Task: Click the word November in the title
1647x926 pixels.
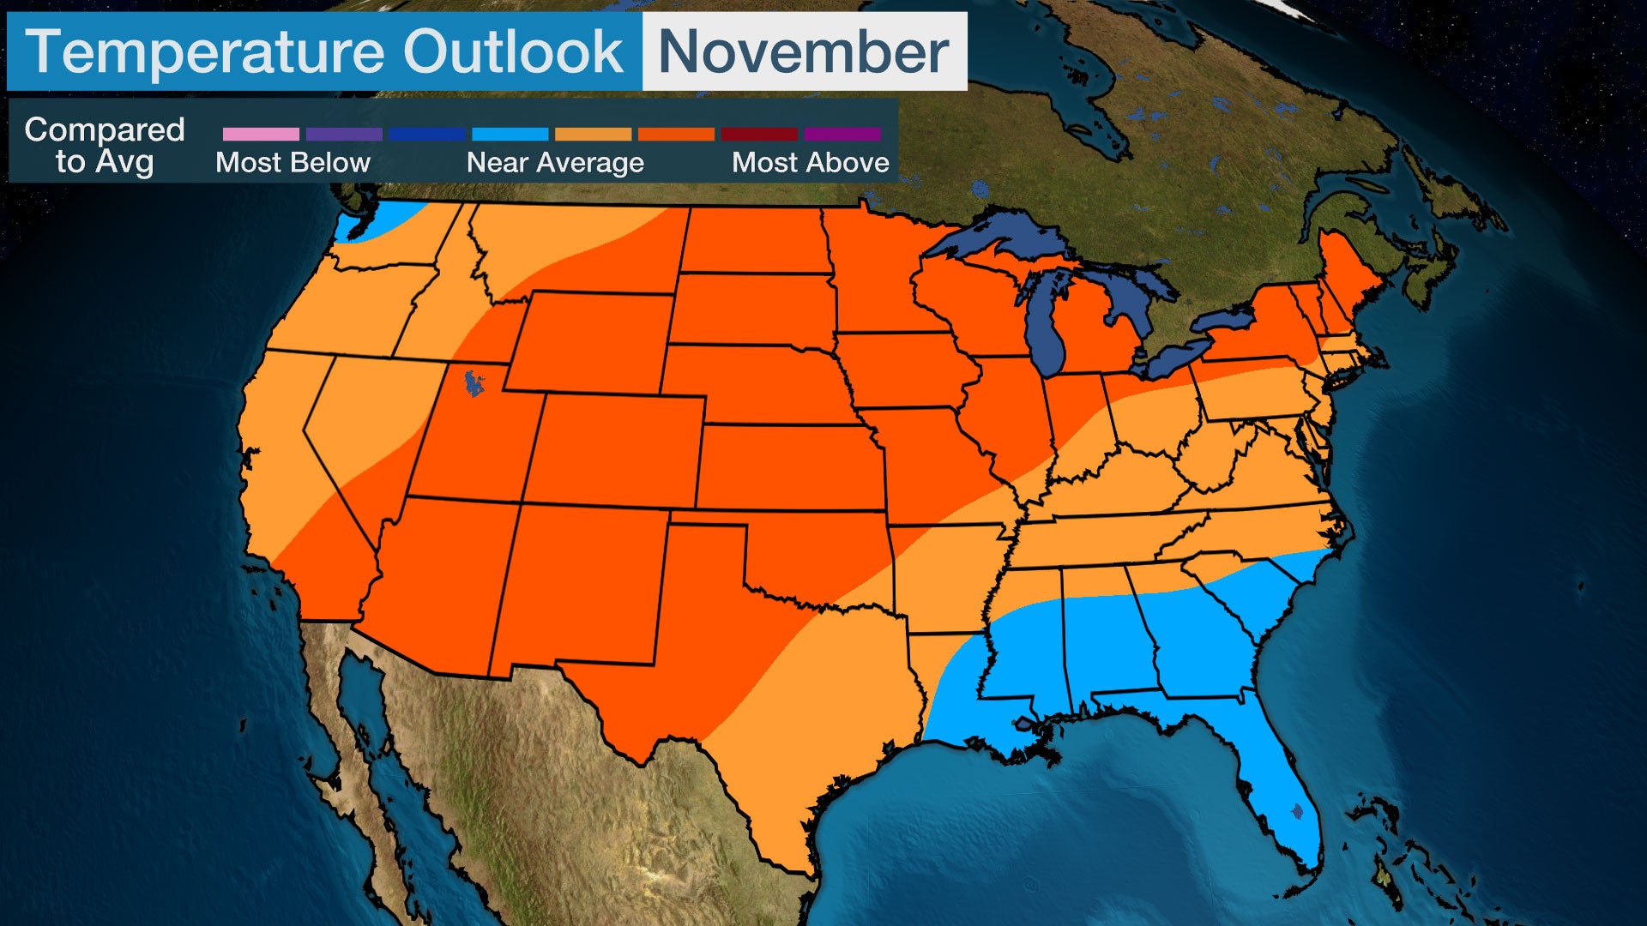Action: point(804,51)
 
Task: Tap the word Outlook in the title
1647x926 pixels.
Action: point(513,51)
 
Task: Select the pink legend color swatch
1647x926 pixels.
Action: point(261,135)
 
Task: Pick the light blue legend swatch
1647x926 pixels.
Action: point(510,135)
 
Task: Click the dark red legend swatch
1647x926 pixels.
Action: point(759,135)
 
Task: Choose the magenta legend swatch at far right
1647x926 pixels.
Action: point(842,135)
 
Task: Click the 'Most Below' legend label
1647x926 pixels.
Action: point(293,162)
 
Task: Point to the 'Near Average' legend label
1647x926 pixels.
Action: point(555,162)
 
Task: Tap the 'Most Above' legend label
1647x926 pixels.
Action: point(810,162)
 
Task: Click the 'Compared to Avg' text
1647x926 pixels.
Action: point(104,145)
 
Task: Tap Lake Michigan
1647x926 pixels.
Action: point(1046,326)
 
